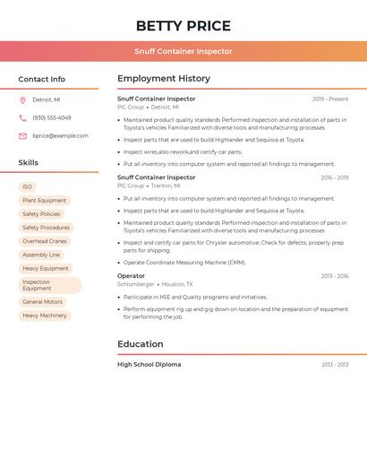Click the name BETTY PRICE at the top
(183, 26)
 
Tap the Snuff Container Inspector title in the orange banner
(183, 51)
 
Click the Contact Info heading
(42, 79)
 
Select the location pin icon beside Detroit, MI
(22, 99)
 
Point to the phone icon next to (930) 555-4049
(22, 117)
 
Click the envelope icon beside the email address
(22, 136)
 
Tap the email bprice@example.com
(60, 136)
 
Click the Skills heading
(29, 163)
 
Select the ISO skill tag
(28, 187)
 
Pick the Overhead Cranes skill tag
(45, 241)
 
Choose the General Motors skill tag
(43, 302)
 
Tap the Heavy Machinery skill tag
(45, 315)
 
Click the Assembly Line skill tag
(41, 255)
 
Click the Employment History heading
(164, 79)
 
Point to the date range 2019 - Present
(330, 99)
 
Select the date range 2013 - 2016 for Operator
(335, 276)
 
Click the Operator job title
(131, 276)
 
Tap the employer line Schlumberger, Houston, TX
(155, 284)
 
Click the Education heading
(141, 344)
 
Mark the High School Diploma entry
(149, 365)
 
